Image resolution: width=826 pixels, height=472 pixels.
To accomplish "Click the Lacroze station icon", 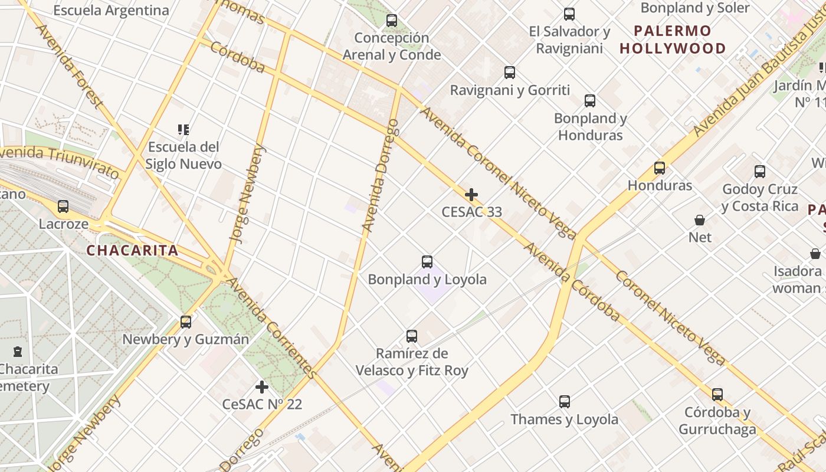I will pos(63,206).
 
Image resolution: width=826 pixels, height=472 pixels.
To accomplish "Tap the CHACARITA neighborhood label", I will pos(132,250).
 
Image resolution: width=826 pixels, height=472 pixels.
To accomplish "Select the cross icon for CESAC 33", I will pos(471,194).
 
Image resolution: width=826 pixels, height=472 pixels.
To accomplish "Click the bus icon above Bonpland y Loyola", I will pos(427,262).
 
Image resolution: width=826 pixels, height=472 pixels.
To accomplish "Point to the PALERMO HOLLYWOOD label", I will pos(673,40).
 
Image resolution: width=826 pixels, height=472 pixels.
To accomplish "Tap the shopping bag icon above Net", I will pos(700,220).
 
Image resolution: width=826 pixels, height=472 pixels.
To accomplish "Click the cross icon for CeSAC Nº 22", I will pos(262,387).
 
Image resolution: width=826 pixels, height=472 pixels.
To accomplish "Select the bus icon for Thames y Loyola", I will pos(565,402).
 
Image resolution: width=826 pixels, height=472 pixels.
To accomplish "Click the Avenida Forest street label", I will pos(70,66).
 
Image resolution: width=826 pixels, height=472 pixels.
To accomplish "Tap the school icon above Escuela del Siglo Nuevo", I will pos(183,129).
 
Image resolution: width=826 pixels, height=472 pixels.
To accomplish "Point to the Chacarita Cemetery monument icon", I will pos(18,352).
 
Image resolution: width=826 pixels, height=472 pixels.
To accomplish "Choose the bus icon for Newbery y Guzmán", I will pos(186,322).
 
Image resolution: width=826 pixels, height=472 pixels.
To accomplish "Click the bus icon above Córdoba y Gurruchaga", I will pos(717,394).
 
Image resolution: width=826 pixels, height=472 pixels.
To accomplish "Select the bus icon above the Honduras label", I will pos(660,168).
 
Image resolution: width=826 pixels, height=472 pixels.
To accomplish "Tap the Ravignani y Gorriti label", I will pos(510,90).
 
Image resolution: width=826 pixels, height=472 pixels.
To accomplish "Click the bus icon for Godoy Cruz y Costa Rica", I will pos(760,172).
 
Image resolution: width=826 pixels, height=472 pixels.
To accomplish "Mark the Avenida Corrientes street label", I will pos(272,328).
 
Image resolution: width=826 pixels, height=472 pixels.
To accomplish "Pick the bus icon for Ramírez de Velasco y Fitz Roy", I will pos(412,336).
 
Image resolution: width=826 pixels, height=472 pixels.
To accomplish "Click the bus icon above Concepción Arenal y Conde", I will pos(392,21).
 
